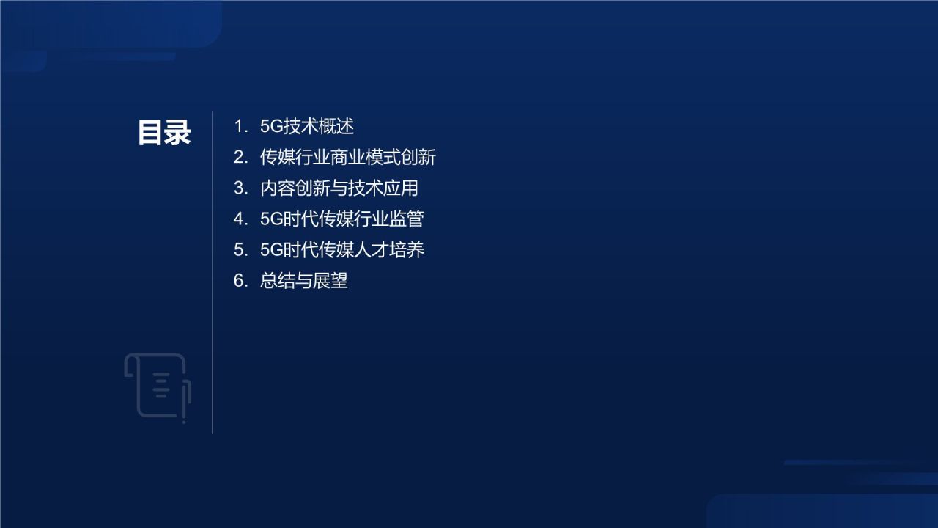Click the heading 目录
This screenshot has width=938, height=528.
pyautogui.click(x=164, y=133)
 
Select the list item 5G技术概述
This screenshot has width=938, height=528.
pyautogui.click(x=307, y=126)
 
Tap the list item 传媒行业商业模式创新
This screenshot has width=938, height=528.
pyautogui.click(x=348, y=157)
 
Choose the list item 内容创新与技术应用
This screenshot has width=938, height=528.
pyautogui.click(x=339, y=188)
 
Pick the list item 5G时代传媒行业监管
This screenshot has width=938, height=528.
pyautogui.click(x=342, y=219)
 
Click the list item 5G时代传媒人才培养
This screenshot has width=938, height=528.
pyautogui.click(x=342, y=249)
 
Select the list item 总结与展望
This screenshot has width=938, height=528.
pyautogui.click(x=304, y=280)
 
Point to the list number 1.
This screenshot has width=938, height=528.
pyautogui.click(x=240, y=126)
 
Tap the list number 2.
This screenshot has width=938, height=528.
pyautogui.click(x=240, y=157)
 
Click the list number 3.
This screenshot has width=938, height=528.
pyautogui.click(x=240, y=188)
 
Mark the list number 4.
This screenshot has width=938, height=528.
pyautogui.click(x=240, y=219)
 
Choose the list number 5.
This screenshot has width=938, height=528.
pyautogui.click(x=240, y=249)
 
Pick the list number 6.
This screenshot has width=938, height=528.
pyautogui.click(x=240, y=280)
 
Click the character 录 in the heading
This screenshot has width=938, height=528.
pyautogui.click(x=178, y=133)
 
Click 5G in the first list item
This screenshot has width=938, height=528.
pyautogui.click(x=271, y=126)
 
